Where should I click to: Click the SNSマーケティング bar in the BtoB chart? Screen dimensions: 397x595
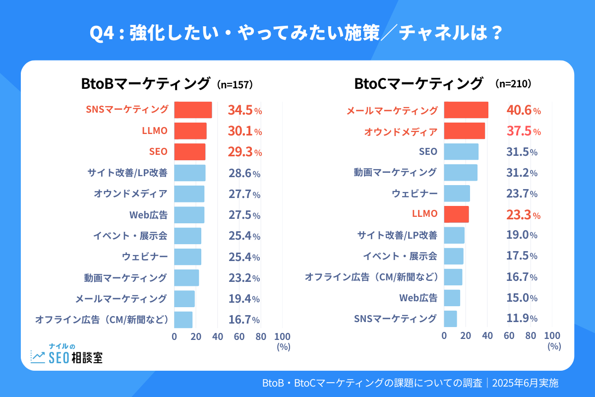(x=193, y=110)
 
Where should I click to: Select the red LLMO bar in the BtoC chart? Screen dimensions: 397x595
(x=456, y=214)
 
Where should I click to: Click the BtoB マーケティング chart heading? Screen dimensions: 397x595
(x=146, y=84)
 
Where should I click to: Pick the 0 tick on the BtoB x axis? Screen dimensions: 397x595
(x=174, y=336)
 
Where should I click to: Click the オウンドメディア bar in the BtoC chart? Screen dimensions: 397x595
(x=464, y=131)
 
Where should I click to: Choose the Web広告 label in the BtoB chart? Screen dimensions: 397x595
(x=148, y=215)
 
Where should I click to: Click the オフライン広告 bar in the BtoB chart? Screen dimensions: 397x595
(x=183, y=320)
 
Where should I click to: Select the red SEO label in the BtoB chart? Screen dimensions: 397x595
(x=158, y=152)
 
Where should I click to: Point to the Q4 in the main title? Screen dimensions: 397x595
(x=103, y=35)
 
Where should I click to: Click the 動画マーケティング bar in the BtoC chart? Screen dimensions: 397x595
(x=461, y=173)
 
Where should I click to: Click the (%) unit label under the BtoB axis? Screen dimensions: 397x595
(x=283, y=347)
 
